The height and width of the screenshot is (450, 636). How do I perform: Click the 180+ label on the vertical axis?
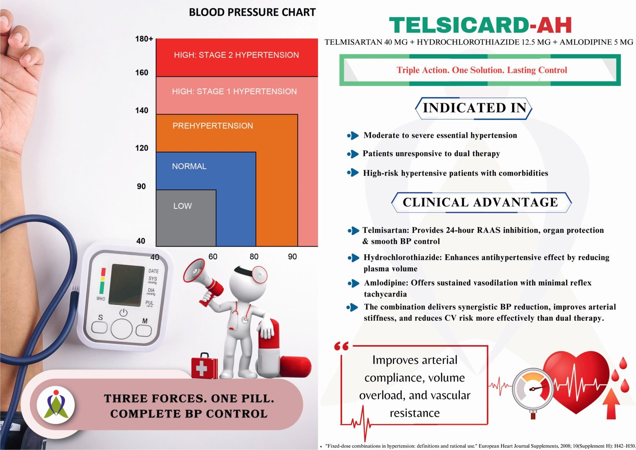coord(144,39)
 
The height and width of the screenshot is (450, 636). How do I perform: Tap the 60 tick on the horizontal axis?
coord(213,257)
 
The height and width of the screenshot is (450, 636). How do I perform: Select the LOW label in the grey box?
coord(182,206)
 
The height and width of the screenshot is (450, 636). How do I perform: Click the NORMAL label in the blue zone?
coord(189,166)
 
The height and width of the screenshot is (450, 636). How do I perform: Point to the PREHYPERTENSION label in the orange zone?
coord(213,126)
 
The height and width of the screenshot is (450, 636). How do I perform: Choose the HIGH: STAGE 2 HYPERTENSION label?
coord(236,55)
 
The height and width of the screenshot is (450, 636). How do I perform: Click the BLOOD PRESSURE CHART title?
coord(252,12)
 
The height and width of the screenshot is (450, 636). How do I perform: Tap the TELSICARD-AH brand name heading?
coord(480,25)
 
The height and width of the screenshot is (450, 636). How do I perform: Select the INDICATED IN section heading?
coord(475,108)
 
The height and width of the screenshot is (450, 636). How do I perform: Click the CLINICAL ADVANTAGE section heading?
coord(481,202)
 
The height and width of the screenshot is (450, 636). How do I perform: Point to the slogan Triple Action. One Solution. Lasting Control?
coord(481,70)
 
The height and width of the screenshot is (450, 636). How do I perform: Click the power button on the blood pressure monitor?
coord(123,312)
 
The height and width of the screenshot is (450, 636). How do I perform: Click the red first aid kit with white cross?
coord(204,366)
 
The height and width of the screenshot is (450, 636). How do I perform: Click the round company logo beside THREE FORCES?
coord(56,405)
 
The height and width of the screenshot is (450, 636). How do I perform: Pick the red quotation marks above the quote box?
coord(341,346)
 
